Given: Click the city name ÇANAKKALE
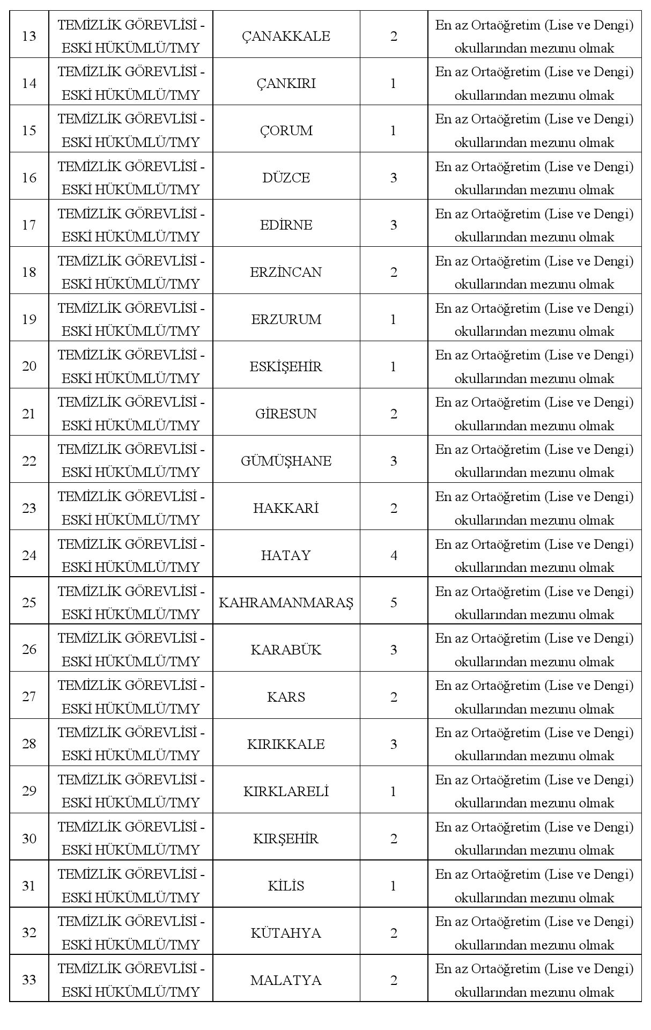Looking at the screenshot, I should [286, 36].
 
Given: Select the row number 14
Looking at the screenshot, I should [29, 84].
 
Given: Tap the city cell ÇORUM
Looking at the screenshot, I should [286, 131].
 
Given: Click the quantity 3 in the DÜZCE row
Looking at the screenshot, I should [394, 178].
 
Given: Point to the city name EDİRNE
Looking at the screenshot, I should [286, 225].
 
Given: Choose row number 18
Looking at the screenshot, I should [29, 273].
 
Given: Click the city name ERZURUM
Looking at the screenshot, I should [286, 320].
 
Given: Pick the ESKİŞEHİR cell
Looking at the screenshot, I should [286, 367].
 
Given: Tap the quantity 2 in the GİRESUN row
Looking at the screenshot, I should [394, 414].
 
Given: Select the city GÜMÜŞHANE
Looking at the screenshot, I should [286, 461].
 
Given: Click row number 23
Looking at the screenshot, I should [29, 509].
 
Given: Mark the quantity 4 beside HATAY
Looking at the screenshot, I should [394, 556].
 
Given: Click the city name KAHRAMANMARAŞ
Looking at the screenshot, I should [286, 603].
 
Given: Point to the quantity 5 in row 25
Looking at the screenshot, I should [394, 603].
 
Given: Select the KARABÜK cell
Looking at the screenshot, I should [286, 650].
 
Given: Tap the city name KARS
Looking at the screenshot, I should [286, 697].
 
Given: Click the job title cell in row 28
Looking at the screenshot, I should [131, 744].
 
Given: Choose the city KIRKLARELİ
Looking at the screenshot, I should [286, 792].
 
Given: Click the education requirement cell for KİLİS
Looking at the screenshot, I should [534, 886].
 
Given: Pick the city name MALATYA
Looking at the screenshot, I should [286, 981].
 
